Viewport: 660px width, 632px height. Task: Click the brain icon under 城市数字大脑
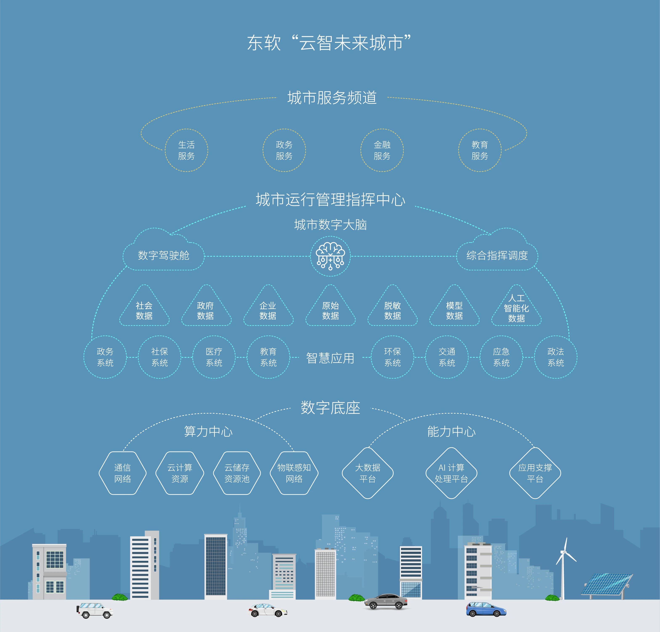[330, 256]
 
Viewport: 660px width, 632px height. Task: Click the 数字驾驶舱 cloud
[163, 250]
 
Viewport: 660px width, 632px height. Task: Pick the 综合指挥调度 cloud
[497, 250]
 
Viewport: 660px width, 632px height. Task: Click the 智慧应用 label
[330, 358]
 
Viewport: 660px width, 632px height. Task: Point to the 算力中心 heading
[208, 432]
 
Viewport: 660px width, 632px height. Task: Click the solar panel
[607, 585]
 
